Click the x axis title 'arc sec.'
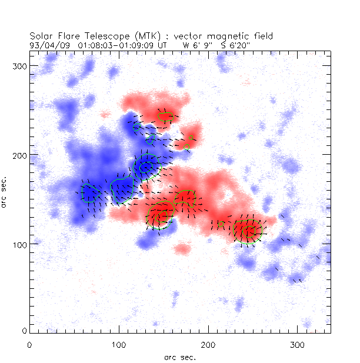point(180,357)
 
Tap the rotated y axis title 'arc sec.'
point(5,191)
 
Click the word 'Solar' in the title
point(41,35)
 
